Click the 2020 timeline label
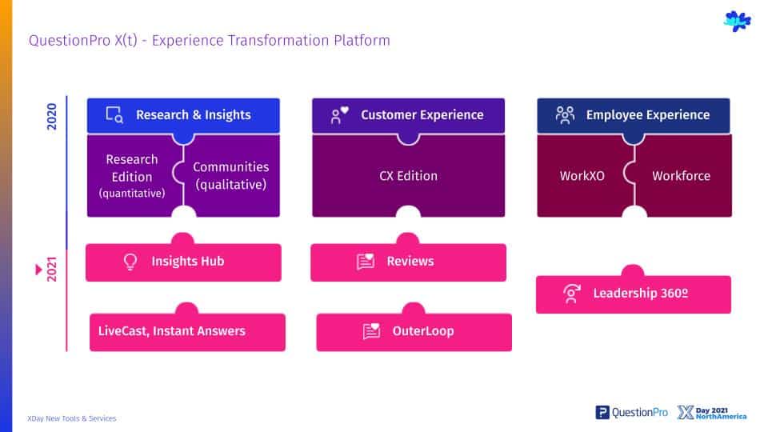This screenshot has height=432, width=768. pos(51,117)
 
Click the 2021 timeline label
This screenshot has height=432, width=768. pos(51,269)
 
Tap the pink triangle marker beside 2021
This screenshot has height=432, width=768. pos(38,270)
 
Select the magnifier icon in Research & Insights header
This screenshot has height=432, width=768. pos(114,114)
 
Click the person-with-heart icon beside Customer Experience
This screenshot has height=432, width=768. pos(339,115)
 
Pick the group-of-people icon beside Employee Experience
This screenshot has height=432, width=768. pos(565,114)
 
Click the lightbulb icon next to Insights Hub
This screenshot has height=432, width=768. pos(130,262)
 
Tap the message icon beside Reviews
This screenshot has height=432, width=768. pos(366,262)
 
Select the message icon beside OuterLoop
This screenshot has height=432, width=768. pos(371,331)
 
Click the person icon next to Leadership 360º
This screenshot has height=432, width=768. pos(571,294)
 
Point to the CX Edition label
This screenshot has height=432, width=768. pos(408,176)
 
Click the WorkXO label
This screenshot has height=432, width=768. pos(582,176)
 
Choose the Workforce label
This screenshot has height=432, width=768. pos(681,176)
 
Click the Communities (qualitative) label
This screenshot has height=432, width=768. pos(230,176)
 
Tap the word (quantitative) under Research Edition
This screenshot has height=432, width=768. pos(132,194)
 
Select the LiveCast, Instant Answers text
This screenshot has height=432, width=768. pos(171,331)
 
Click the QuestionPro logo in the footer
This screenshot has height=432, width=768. pos(631,413)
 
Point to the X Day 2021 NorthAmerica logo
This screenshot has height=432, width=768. pos(712,413)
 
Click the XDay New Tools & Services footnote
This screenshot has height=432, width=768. pos(71,418)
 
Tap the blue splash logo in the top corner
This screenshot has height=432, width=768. pos(737,21)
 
